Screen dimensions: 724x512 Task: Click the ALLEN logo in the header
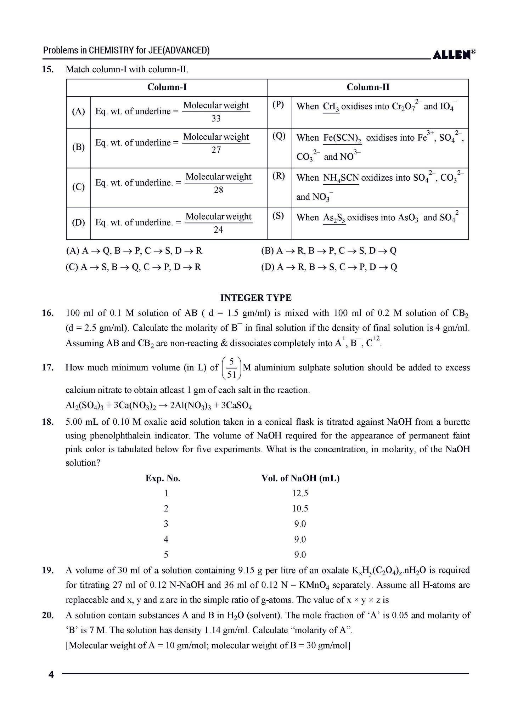[x=453, y=54]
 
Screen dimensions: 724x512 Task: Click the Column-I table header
[x=167, y=87]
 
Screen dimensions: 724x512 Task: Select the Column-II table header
[x=368, y=87]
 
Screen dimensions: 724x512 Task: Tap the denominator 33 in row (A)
[x=216, y=119]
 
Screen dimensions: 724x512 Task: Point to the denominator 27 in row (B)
[x=216, y=150]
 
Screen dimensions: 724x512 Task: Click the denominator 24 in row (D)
[x=218, y=230]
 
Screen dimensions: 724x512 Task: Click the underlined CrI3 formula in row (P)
[x=331, y=107]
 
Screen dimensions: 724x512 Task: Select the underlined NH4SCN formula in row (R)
[x=341, y=178]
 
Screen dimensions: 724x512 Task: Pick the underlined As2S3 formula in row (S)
[x=334, y=218]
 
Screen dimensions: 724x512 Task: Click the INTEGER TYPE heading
[x=256, y=298]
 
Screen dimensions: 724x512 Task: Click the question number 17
[x=47, y=367]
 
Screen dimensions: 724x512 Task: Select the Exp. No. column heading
[x=163, y=479]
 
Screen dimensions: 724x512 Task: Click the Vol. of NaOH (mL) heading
[x=300, y=479]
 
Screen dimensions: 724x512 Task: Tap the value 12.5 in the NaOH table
[x=300, y=493]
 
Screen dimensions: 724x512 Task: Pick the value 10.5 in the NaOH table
[x=300, y=509]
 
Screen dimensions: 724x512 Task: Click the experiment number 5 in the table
[x=166, y=555]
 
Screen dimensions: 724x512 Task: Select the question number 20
[x=47, y=615]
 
